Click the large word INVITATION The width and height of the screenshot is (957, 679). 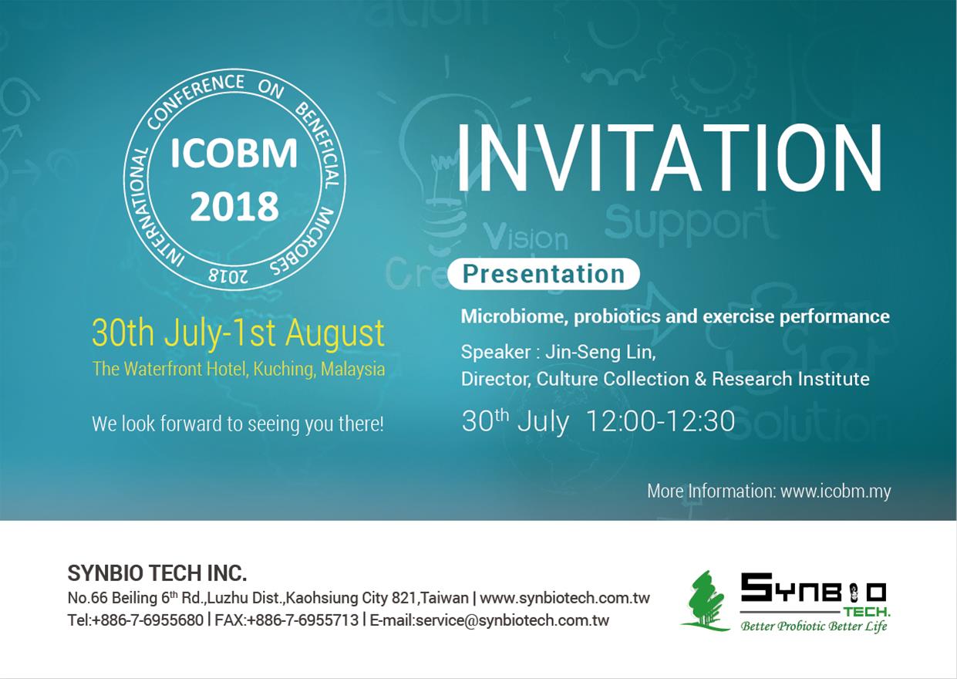coord(669,157)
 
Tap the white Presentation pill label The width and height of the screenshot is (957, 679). coord(544,274)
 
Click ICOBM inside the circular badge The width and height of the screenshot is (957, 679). coord(234,153)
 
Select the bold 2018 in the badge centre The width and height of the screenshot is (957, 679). coord(234,207)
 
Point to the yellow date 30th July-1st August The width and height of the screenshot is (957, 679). coord(238,333)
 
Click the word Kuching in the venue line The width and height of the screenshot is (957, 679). coord(285,370)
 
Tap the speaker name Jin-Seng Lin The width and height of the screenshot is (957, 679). coord(600,353)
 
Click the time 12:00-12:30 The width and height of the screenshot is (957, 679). coord(661,421)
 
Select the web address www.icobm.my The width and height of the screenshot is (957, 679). coord(836,492)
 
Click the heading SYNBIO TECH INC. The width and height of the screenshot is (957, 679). coord(157,573)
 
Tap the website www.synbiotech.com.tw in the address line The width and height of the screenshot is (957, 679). coord(564,598)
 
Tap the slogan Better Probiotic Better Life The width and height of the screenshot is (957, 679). coord(814,627)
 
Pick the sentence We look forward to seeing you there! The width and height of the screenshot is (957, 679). coord(238,424)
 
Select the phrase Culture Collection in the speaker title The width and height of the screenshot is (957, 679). coord(612,380)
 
